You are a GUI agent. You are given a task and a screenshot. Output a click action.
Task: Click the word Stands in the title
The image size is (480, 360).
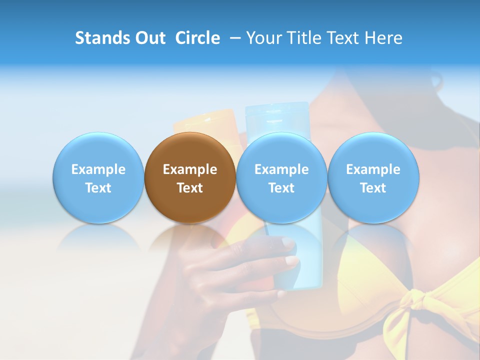(101, 38)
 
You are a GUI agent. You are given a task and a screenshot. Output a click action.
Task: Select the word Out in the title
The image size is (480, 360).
(149, 38)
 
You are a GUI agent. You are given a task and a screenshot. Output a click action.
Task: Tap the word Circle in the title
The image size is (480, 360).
(197, 38)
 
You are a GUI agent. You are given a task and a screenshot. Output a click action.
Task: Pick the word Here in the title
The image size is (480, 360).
(383, 38)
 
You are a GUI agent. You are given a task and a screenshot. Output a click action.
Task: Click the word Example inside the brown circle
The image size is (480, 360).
(190, 169)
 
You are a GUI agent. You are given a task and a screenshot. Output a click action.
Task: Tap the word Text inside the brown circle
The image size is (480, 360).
(190, 188)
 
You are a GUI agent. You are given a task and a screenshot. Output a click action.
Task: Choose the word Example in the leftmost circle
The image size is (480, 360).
(98, 169)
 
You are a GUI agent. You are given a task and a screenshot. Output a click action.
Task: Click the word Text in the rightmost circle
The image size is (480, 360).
(373, 188)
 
